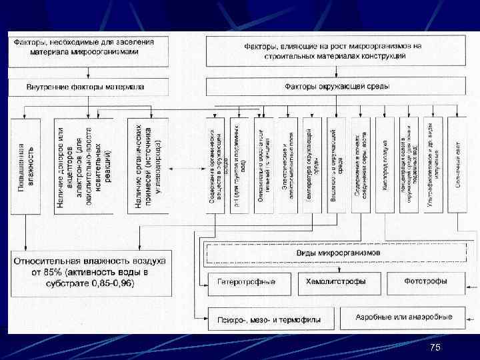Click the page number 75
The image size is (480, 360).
(435, 347)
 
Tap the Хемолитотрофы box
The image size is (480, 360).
(336, 283)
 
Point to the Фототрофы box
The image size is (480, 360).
(425, 283)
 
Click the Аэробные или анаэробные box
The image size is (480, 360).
(404, 317)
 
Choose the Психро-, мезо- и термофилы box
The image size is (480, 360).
(269, 319)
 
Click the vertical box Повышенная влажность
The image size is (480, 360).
(25, 165)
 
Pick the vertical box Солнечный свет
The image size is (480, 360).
(458, 165)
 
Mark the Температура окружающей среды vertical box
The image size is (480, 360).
(312, 165)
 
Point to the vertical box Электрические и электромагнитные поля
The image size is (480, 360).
(288, 165)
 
